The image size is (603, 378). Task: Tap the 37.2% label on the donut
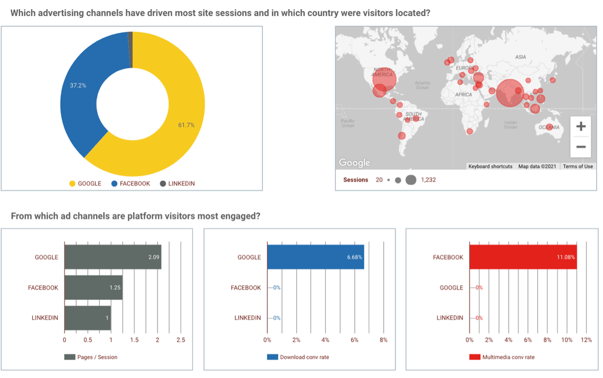point(78,85)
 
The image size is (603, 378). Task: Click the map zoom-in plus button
point(580,127)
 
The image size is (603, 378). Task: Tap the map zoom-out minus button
point(580,147)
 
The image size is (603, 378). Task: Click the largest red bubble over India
point(509,93)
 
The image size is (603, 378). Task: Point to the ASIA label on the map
point(520,57)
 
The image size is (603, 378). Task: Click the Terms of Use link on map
point(577,167)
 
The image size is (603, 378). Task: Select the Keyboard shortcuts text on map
point(490,167)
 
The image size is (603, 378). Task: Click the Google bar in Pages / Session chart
point(112,257)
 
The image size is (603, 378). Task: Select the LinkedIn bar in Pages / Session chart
point(87,318)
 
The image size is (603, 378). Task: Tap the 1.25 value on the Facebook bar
point(115,288)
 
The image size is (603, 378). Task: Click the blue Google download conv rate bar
point(315,257)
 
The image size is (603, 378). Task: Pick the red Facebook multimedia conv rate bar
point(522,257)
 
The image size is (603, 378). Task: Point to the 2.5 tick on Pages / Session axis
point(180,340)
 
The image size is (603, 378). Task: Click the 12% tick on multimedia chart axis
point(586,340)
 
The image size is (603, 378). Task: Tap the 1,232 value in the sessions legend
point(428,180)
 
